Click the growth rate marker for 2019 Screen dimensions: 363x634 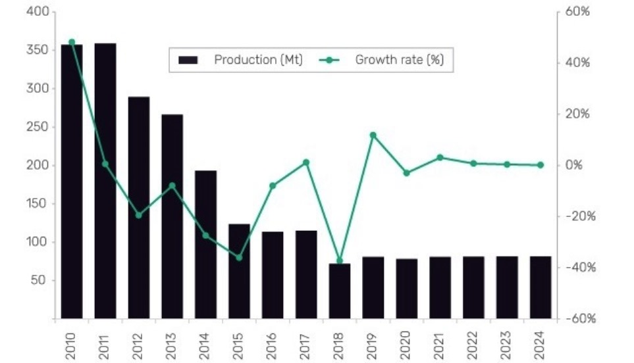coord(373,135)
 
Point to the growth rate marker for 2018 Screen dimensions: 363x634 coord(340,261)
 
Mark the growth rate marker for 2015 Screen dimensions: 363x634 coord(239,258)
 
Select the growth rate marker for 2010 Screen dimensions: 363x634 coord(72,42)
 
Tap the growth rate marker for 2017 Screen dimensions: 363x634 coord(306,162)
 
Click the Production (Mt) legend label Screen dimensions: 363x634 coord(258,60)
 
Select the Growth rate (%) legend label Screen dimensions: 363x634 coord(400,60)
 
